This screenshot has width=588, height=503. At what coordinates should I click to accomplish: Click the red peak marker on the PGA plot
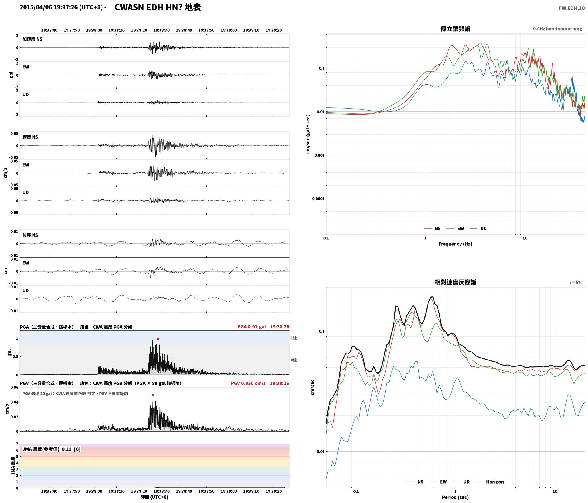point(158,339)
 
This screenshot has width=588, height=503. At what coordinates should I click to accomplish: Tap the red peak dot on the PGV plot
point(153,395)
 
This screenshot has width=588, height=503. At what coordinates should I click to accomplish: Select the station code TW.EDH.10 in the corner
point(571,8)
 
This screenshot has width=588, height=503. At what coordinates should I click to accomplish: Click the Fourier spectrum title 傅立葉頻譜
point(455,29)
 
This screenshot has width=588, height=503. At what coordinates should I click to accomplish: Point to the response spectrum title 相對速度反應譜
point(455,282)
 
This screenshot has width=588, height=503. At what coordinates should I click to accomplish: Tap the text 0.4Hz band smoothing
point(557,29)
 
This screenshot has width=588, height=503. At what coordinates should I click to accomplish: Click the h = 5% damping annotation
point(575,282)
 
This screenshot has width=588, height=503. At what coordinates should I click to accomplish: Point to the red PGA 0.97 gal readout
point(252,327)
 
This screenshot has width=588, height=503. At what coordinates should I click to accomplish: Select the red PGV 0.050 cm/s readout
point(248,383)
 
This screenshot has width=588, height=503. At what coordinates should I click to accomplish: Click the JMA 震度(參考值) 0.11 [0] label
point(51,449)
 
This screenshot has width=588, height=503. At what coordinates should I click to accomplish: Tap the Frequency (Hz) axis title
point(455,244)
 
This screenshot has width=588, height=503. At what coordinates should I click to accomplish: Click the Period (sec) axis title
point(455,497)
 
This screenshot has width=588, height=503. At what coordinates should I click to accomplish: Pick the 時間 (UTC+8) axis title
point(154,497)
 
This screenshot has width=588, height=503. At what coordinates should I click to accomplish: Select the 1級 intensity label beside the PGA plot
point(294,338)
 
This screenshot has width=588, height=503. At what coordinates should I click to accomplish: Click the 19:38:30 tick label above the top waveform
point(161,30)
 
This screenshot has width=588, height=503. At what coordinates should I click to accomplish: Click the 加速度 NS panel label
point(32,39)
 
